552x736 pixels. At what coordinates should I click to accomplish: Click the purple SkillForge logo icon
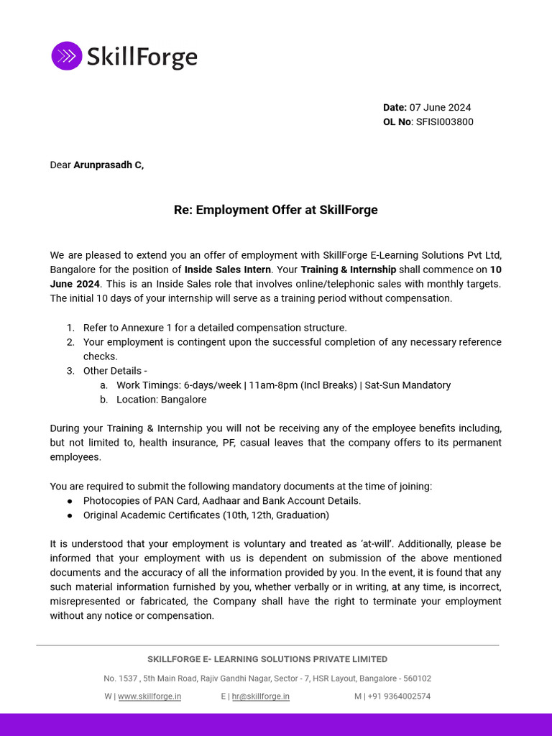pos(67,56)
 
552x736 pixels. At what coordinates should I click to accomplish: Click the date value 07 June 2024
pos(440,108)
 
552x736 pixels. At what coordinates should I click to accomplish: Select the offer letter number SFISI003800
pos(444,122)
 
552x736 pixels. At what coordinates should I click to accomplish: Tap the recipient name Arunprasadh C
pos(108,165)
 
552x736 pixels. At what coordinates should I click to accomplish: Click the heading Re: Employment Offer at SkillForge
pos(275,210)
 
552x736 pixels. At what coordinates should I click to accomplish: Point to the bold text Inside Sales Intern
pos(228,270)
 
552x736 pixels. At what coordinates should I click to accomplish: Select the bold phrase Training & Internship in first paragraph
pos(348,270)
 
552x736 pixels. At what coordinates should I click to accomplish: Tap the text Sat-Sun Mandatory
pos(408,385)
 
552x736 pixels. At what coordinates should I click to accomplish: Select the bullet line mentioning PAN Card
pos(221,501)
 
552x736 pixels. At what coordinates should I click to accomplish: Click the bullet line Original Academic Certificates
pos(206,515)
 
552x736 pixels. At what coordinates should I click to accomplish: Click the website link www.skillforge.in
pos(149,696)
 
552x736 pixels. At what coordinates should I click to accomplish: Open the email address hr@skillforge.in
pos(260,696)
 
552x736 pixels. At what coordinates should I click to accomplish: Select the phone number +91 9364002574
pos(398,696)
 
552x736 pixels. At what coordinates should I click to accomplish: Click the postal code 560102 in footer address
pos(416,678)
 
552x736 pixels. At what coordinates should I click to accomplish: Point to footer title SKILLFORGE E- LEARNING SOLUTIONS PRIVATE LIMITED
pos(267,659)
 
